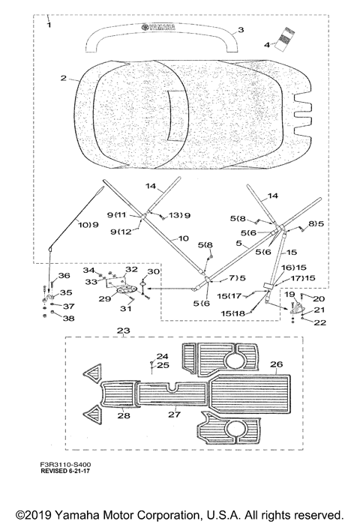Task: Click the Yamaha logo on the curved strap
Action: click(x=158, y=28)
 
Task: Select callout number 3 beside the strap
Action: click(x=241, y=30)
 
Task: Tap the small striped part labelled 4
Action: click(x=284, y=39)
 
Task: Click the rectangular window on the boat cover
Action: click(x=178, y=115)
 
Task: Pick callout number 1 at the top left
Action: click(x=49, y=25)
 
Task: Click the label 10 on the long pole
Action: click(x=184, y=238)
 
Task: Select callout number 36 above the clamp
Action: click(x=64, y=275)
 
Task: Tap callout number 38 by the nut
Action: click(x=68, y=319)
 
